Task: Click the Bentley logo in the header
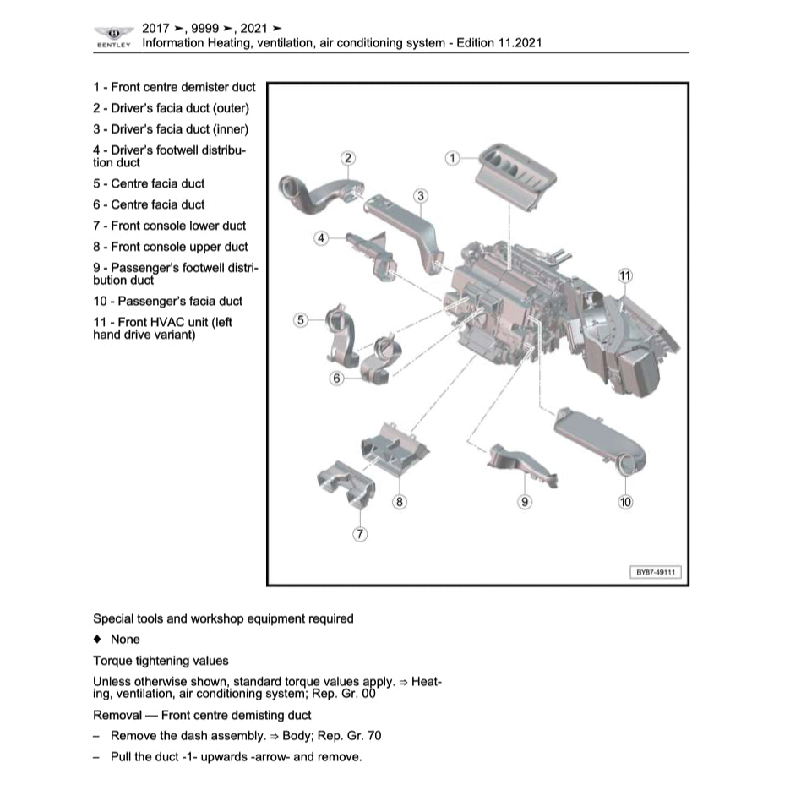click(x=114, y=34)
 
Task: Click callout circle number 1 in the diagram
click(x=452, y=158)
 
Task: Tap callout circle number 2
click(x=347, y=158)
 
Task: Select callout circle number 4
click(x=321, y=238)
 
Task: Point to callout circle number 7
click(x=360, y=533)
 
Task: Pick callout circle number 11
click(x=624, y=275)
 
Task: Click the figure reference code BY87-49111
click(x=657, y=573)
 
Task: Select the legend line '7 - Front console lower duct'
click(x=170, y=226)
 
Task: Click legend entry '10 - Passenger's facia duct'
click(x=167, y=301)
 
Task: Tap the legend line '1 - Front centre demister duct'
click(x=174, y=87)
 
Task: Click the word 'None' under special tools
click(x=125, y=640)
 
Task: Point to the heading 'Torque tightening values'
click(x=161, y=661)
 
